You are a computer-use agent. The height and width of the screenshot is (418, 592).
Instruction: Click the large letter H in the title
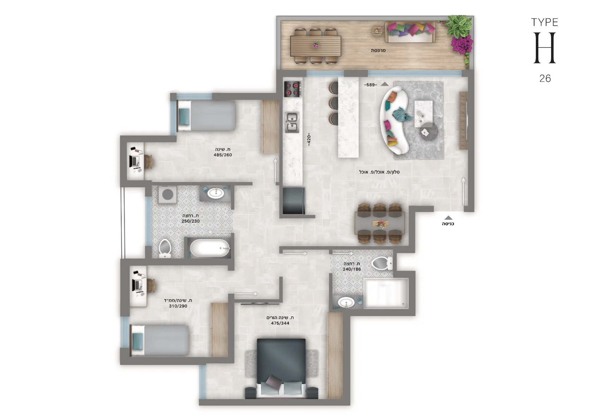545,48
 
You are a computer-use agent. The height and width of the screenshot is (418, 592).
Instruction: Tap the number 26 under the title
545,78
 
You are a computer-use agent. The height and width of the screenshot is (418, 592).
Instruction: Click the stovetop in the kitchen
292,89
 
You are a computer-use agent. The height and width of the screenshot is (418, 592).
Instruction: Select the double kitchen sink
292,122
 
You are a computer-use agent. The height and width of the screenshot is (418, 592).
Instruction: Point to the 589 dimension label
371,85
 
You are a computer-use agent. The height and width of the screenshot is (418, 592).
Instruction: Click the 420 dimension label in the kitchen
309,139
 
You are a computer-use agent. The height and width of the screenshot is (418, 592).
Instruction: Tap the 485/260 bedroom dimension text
223,155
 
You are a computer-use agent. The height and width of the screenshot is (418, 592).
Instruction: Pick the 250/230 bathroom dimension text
191,221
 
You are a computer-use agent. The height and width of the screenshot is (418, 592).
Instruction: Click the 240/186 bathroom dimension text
352,269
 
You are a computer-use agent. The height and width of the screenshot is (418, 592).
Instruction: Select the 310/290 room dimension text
178,306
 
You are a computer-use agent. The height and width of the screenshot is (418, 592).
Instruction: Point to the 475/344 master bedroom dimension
280,323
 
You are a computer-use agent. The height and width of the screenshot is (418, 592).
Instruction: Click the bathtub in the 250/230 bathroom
210,248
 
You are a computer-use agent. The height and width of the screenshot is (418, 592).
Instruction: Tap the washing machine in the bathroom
168,195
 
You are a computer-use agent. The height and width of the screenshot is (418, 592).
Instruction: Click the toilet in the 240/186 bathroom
382,263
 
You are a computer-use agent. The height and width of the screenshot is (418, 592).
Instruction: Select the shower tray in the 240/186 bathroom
386,293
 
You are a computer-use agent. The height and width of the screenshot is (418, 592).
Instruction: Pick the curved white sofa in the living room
394,120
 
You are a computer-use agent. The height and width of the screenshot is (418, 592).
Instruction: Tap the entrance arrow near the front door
448,218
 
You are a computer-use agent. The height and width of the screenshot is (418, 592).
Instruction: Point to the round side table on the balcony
377,31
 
